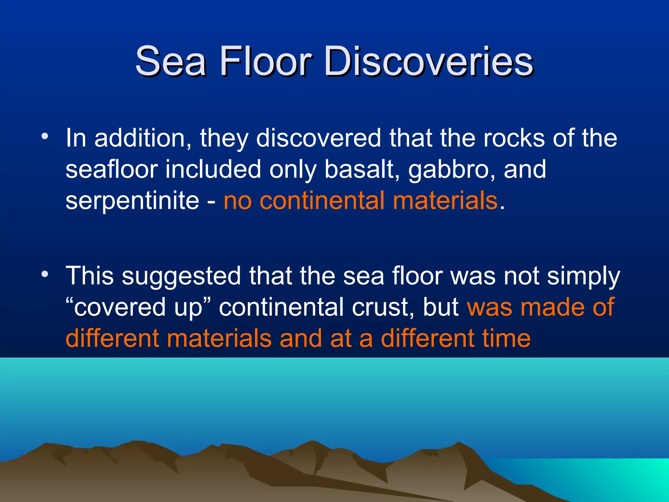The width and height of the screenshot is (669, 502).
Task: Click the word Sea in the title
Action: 171,61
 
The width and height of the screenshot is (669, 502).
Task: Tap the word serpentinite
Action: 132,201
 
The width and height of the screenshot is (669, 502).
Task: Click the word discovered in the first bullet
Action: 318,138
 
